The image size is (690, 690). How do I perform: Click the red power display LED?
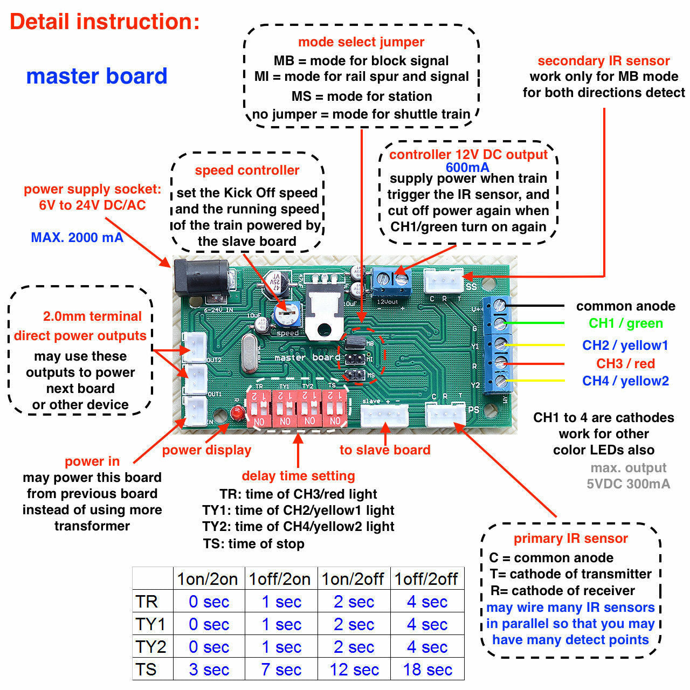[x=236, y=414]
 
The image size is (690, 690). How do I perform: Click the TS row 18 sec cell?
[x=427, y=670]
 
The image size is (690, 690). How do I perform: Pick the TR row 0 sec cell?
[x=209, y=602]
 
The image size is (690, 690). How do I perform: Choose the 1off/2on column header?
[x=280, y=579]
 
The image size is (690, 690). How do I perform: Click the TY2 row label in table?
[x=150, y=647]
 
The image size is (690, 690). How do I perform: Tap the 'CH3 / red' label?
[x=625, y=363]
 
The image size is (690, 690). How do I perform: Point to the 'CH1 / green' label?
[x=625, y=323]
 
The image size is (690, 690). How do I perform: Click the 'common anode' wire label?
[x=625, y=306]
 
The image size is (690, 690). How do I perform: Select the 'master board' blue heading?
[x=97, y=76]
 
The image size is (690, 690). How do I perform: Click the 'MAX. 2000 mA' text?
[x=77, y=238]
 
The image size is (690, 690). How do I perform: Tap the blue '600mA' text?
[x=467, y=167]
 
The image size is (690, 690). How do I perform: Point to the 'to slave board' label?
[x=385, y=450]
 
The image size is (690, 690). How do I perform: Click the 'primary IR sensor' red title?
[x=570, y=539]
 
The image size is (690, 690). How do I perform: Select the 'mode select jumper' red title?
[x=361, y=42]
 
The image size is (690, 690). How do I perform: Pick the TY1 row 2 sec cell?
[x=354, y=624]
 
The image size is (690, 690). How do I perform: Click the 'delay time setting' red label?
[x=298, y=476]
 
